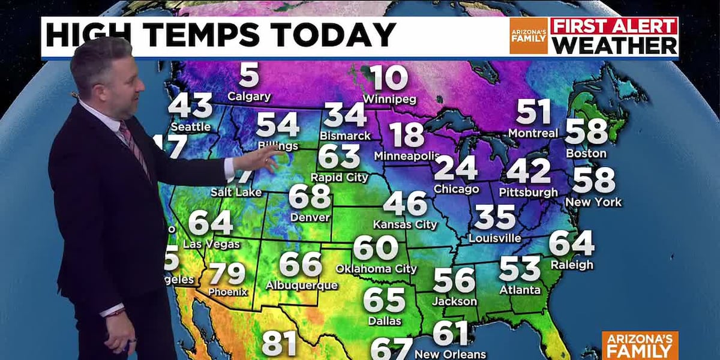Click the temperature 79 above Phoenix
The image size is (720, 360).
(227, 274)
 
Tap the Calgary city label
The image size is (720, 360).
(249, 96)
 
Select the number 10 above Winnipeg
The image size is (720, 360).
(388, 78)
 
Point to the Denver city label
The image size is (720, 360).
(310, 217)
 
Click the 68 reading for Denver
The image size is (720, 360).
(310, 196)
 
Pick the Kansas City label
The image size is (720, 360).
(405, 224)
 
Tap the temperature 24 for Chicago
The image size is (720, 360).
(455, 169)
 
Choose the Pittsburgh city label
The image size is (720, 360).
(528, 192)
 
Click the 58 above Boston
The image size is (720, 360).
(586, 132)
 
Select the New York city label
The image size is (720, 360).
(593, 202)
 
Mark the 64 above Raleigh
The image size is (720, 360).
(571, 244)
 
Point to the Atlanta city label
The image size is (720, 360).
(520, 289)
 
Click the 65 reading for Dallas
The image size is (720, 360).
(384, 300)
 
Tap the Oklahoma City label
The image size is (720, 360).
(376, 268)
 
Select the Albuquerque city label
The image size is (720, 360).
(301, 285)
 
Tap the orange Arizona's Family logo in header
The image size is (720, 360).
(528, 36)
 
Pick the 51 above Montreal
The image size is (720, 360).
(533, 112)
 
